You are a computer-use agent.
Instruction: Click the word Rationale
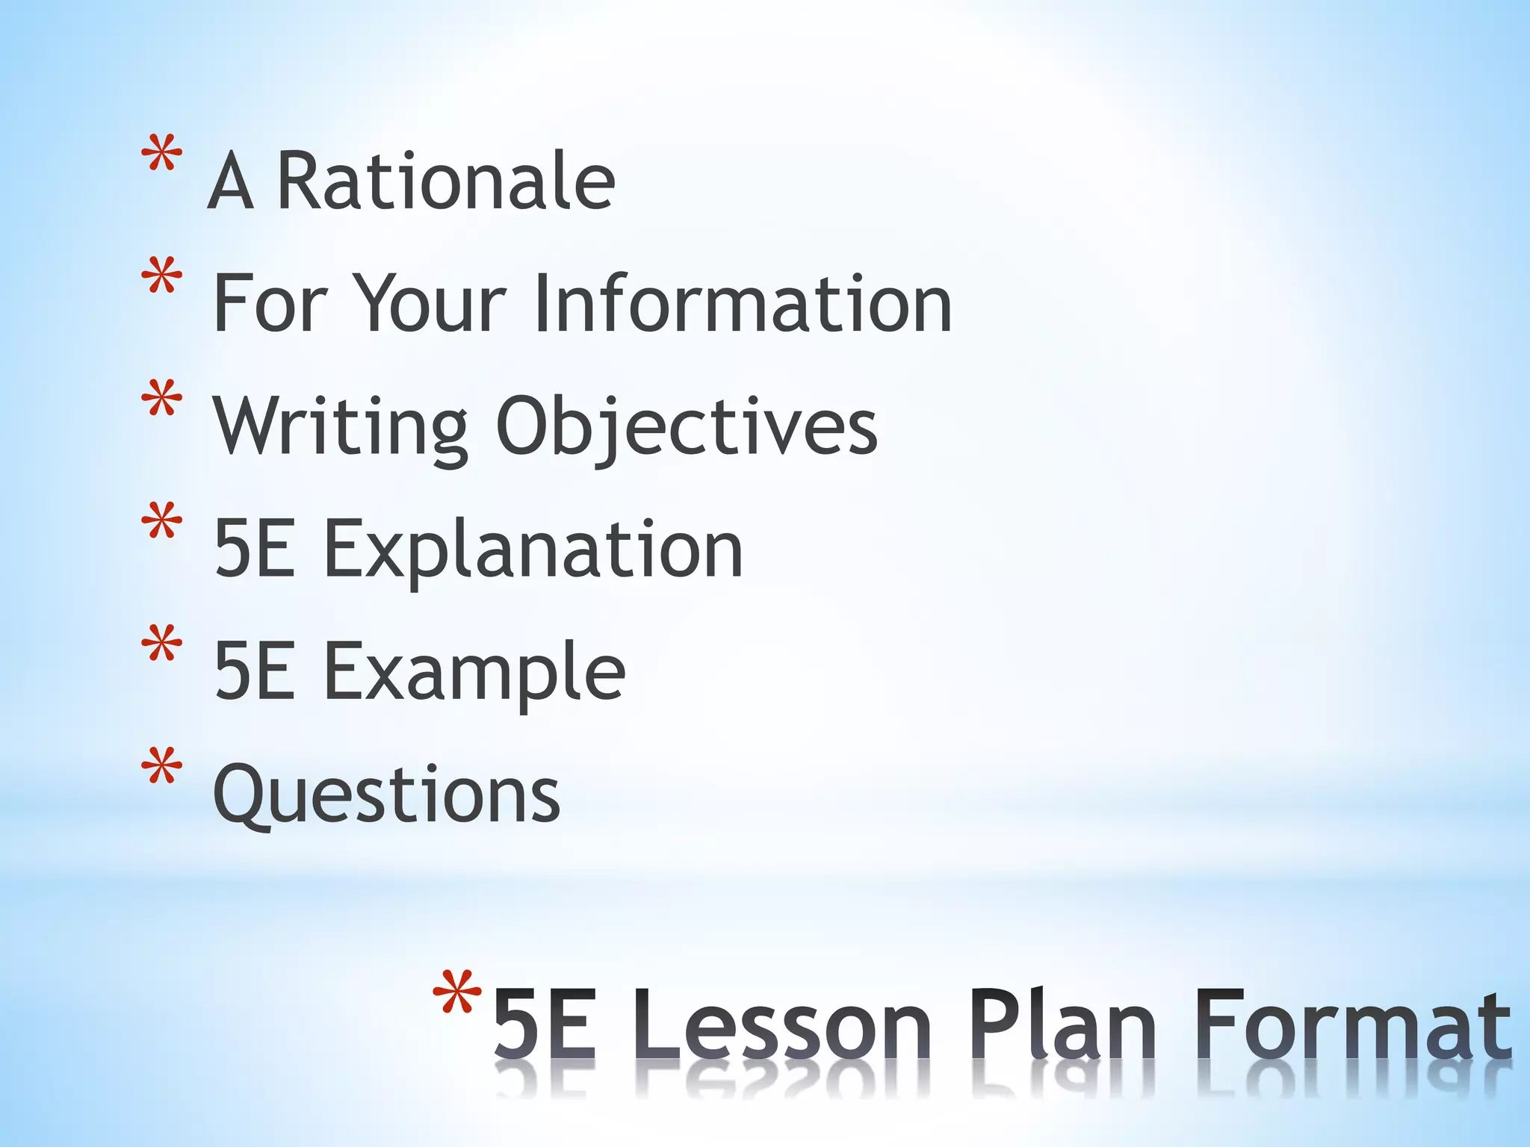coord(446,181)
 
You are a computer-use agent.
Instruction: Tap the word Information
coord(743,303)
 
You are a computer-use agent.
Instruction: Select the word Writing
coord(341,426)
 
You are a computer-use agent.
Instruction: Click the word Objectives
coord(686,428)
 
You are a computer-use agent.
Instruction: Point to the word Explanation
coord(533,550)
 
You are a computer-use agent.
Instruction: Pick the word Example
coord(474,673)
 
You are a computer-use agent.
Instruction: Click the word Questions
coord(386,795)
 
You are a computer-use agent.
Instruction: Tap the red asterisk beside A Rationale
coord(161,155)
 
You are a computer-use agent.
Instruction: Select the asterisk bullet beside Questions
coord(161,767)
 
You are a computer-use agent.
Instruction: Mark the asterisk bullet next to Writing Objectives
coord(161,400)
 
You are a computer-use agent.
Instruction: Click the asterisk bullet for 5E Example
coord(161,644)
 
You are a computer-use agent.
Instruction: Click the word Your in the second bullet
coord(430,303)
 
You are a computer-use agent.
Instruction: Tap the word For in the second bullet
coord(270,303)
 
